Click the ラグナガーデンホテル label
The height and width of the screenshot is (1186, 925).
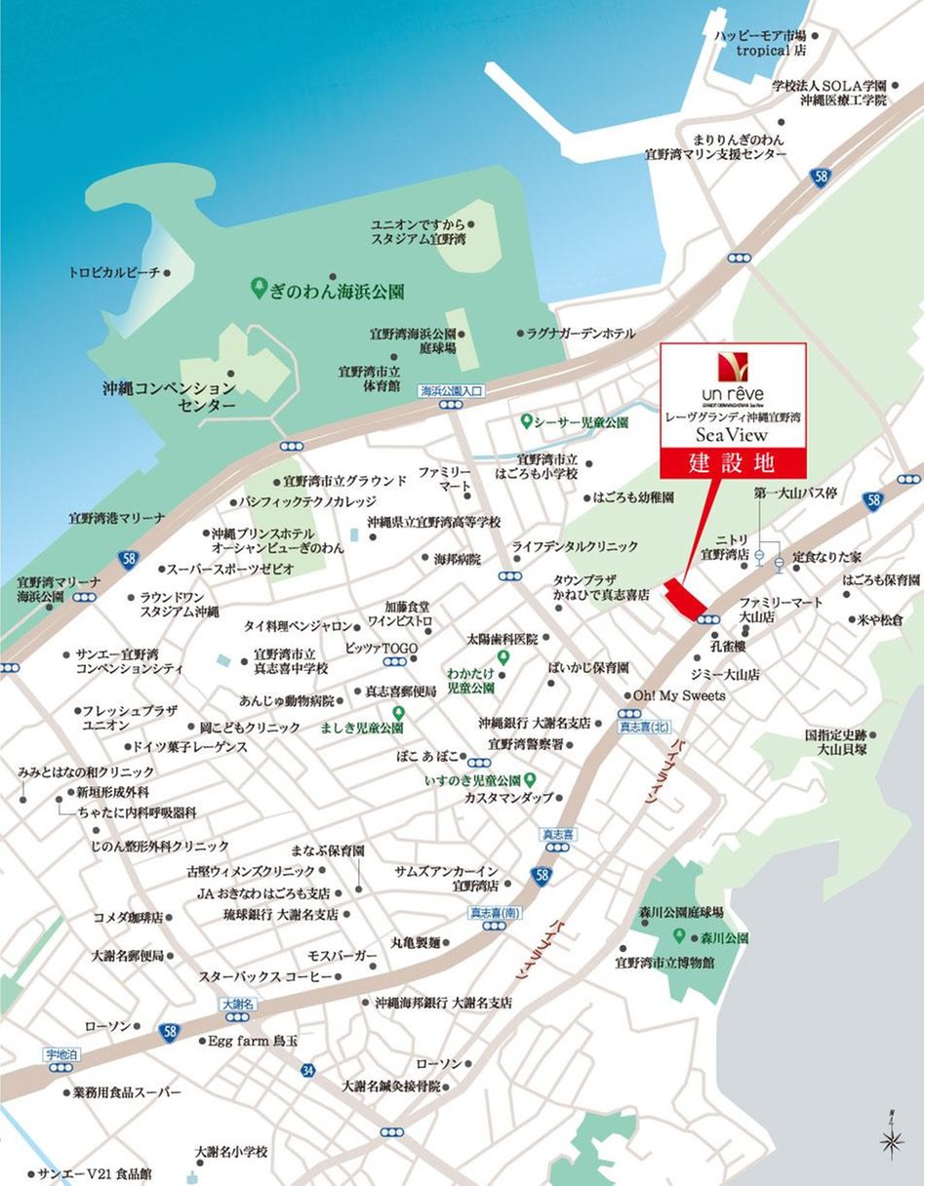tap(581, 333)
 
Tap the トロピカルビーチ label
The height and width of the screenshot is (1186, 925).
tap(113, 273)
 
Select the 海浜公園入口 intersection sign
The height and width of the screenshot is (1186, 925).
tap(452, 391)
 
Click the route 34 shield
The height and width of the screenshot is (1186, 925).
tap(308, 1071)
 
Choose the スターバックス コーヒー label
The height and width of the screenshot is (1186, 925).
tap(265, 976)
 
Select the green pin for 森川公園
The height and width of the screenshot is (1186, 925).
tap(681, 936)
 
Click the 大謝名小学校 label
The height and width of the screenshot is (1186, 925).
tap(230, 1151)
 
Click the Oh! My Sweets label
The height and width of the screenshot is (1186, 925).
tap(679, 695)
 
